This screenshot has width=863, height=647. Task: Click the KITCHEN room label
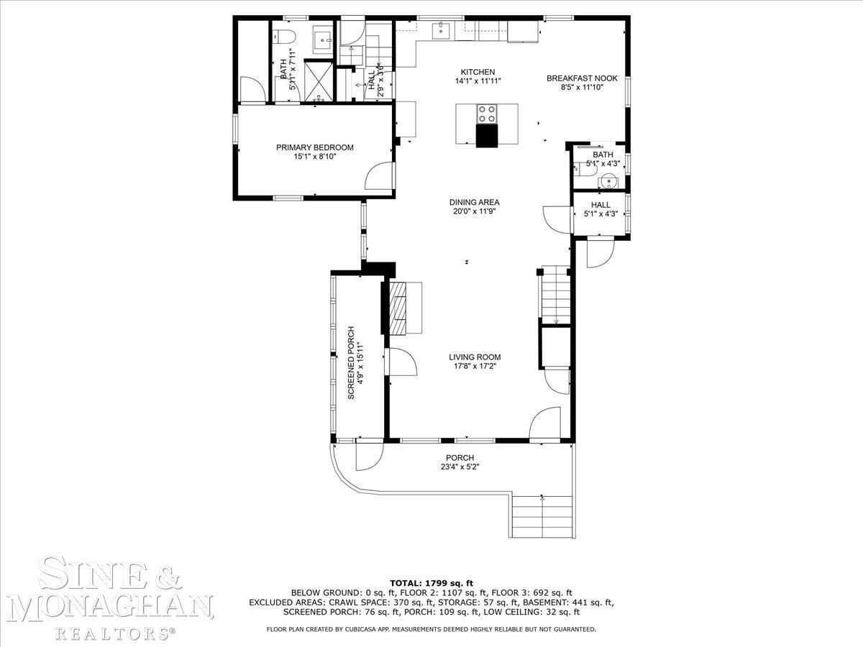[x=478, y=72]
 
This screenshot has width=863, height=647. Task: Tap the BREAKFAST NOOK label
[x=582, y=78]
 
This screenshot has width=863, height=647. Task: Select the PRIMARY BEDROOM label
[x=314, y=147]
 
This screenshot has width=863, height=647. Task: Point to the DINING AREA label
[x=474, y=202]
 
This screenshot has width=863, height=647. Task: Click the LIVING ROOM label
[x=475, y=357]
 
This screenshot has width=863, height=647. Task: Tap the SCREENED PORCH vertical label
[x=351, y=362]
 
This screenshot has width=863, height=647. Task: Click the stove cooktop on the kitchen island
[x=487, y=114]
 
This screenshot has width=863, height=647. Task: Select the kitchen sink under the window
[x=441, y=30]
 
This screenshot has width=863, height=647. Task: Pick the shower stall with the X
[x=319, y=81]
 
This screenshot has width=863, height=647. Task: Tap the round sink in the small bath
[x=608, y=182]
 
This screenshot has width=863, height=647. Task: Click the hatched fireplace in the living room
[x=398, y=308]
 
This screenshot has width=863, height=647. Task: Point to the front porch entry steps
[x=542, y=517]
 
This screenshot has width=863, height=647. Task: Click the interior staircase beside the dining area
[x=556, y=295]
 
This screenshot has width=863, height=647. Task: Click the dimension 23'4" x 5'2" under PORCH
[x=460, y=467]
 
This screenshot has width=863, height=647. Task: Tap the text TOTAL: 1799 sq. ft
[x=431, y=583]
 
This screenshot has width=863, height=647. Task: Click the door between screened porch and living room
[x=401, y=362]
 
